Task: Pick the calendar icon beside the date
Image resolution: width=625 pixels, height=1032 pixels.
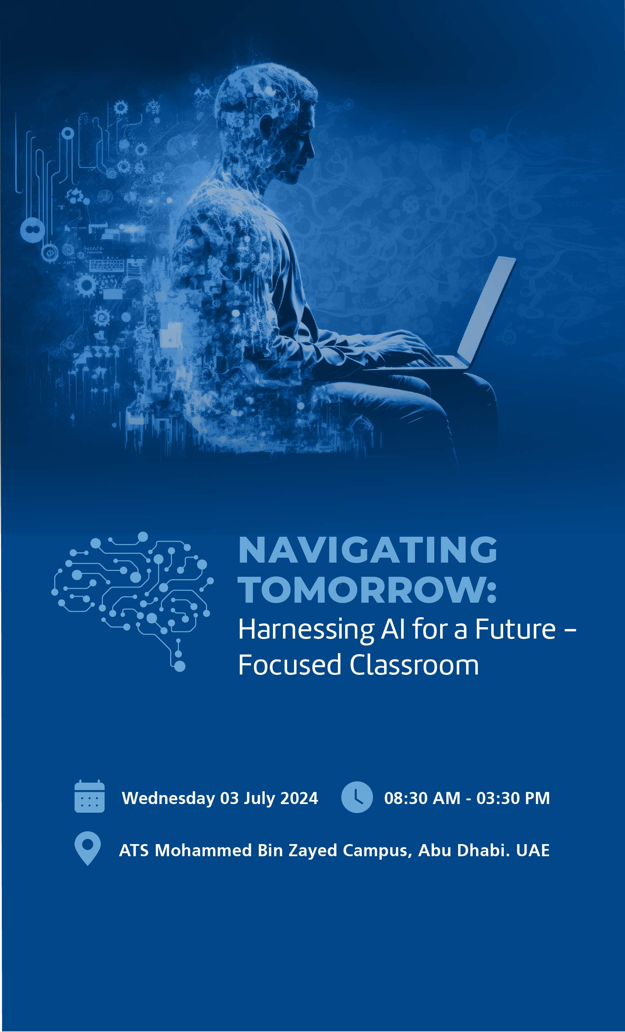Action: (89, 796)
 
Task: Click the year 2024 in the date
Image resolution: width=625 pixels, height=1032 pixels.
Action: (299, 798)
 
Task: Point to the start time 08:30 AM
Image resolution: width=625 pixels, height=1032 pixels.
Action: (422, 798)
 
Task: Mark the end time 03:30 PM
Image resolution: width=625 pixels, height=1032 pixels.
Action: (513, 798)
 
